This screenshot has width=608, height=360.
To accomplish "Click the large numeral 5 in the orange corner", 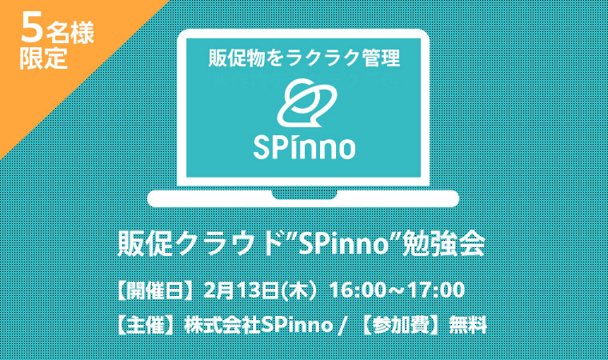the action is pyautogui.click(x=31, y=26).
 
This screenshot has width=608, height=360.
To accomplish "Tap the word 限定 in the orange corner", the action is pyautogui.click(x=44, y=58).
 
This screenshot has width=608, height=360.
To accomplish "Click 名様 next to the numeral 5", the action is pyautogui.click(x=70, y=33).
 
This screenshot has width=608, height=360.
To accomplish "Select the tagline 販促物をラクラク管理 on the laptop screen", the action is pyautogui.click(x=304, y=58).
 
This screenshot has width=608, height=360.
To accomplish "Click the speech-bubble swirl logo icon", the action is pyautogui.click(x=306, y=103).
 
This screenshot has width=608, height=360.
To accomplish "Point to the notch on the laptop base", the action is pyautogui.click(x=304, y=194).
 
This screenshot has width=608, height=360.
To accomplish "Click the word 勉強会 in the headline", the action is pyautogui.click(x=444, y=244).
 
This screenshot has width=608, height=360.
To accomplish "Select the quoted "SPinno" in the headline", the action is pyautogui.click(x=343, y=244).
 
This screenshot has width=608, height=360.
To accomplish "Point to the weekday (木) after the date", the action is pyautogui.click(x=300, y=290).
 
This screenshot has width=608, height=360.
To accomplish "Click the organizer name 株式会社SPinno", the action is pyautogui.click(x=258, y=325).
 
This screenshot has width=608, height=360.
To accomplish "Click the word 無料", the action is pyautogui.click(x=467, y=325).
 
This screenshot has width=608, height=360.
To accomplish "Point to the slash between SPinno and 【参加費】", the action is pyautogui.click(x=342, y=326).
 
